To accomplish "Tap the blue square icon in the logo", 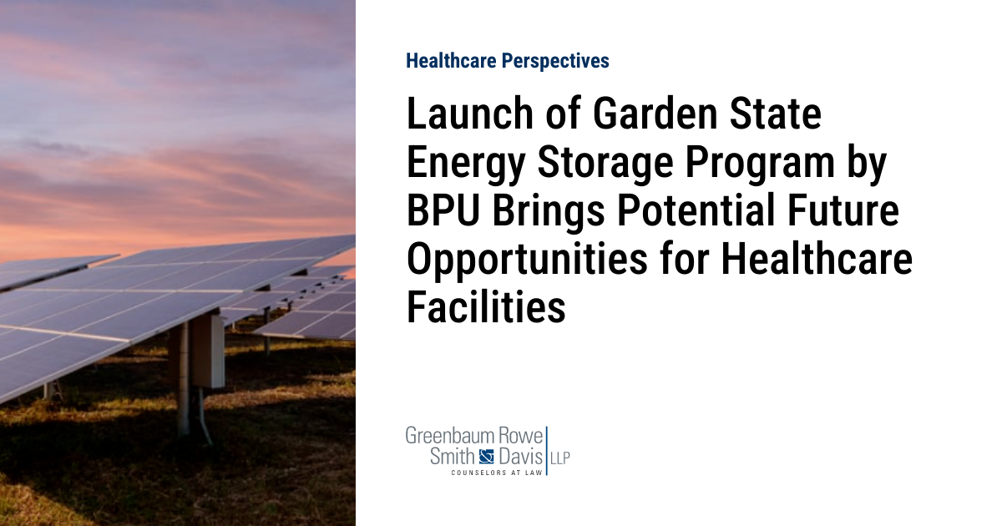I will tap(487, 457).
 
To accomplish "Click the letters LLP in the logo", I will tap(559, 458).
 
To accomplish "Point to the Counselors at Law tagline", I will tap(496, 473).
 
